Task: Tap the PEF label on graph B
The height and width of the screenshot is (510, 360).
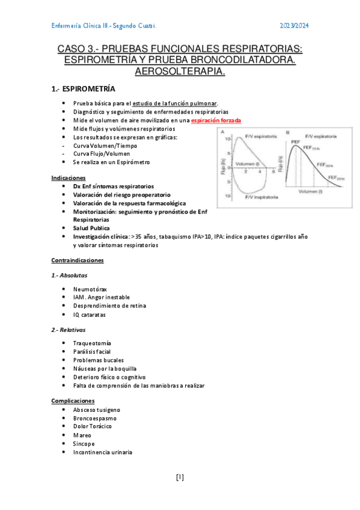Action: (295, 143)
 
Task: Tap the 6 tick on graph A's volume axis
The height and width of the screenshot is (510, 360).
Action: (273, 171)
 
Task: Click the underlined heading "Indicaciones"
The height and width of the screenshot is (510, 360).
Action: (69, 178)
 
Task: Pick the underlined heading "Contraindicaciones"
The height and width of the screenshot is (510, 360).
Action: (78, 260)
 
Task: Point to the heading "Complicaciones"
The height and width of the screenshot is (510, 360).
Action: (73, 401)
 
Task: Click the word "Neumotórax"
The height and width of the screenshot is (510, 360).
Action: (90, 289)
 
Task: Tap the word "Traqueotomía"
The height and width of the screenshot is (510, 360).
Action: (92, 343)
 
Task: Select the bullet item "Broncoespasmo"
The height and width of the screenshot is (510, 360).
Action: (95, 418)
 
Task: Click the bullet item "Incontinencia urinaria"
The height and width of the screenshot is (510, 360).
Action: (103, 452)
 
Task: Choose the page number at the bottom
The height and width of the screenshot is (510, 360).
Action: (180, 478)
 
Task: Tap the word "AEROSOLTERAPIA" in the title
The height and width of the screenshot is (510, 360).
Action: (179, 72)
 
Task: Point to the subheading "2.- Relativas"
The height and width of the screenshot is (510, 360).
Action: (69, 330)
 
